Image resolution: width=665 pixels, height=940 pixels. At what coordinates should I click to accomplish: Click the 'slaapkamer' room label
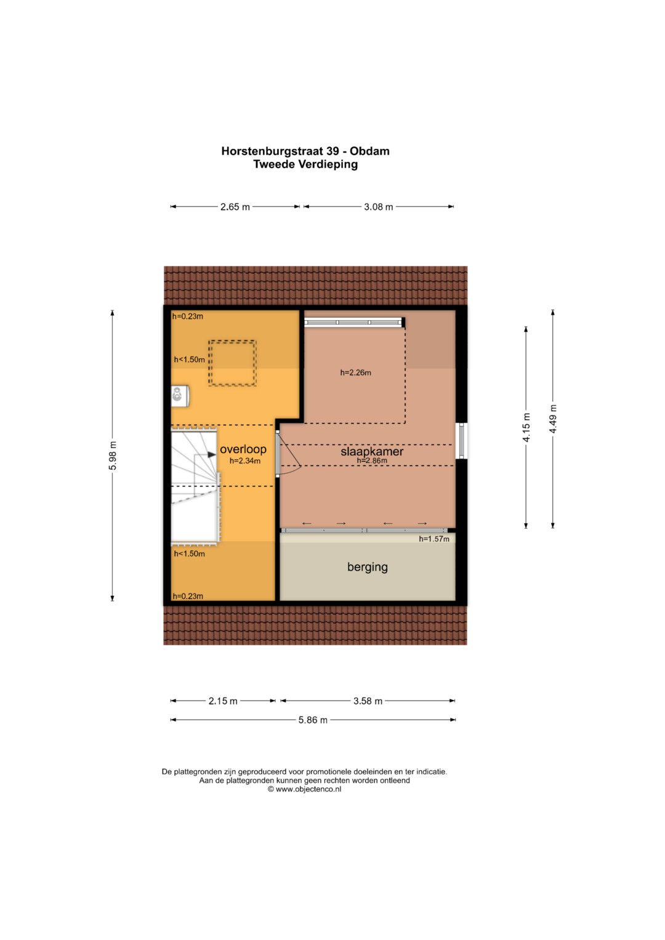371,452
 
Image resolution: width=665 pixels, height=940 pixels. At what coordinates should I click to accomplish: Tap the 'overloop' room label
243,449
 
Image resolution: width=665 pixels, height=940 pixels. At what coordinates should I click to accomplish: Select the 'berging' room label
368,567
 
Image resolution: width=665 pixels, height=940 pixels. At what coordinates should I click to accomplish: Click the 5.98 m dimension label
113,456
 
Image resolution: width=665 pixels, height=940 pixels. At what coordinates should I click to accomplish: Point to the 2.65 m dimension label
235,207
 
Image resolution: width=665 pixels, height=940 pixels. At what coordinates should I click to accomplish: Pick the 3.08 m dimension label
378,207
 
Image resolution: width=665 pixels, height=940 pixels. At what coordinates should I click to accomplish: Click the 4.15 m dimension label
526,427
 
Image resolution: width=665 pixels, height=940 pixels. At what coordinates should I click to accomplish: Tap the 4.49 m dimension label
553,419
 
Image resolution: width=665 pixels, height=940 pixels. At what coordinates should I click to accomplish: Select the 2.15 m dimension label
223,701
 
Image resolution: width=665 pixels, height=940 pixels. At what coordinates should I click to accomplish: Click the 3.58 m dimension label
368,701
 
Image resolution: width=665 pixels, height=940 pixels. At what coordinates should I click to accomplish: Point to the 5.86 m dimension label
313,720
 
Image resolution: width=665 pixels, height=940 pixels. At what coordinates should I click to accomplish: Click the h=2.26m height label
356,372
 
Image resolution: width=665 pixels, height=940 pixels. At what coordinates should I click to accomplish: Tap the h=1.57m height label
434,539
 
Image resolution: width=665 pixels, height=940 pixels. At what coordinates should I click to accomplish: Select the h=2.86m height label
372,460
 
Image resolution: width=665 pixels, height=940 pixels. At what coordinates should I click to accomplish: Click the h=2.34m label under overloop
245,461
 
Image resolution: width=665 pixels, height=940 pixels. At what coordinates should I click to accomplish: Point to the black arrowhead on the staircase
211,454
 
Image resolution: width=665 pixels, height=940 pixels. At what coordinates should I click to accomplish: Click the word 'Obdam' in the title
369,151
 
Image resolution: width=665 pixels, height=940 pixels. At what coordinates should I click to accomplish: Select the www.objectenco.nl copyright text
304,789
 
